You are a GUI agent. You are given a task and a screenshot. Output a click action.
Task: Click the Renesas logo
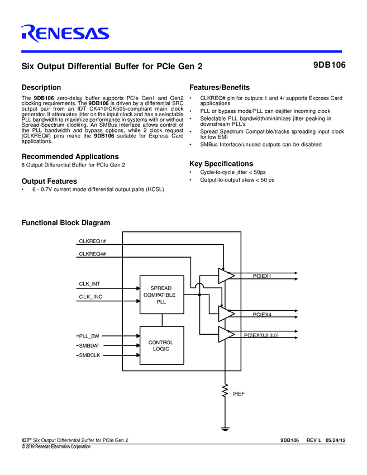(x=65, y=34)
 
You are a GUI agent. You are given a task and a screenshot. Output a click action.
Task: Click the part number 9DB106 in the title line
(x=329, y=65)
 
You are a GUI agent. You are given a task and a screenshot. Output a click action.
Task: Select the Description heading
(x=41, y=88)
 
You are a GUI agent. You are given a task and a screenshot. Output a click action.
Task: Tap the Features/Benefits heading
(x=220, y=88)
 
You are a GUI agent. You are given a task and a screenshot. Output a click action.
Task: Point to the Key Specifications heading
(x=221, y=164)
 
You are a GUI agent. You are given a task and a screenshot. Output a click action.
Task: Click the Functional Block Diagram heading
(x=66, y=223)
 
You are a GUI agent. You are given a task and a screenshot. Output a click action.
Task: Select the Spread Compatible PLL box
(x=161, y=294)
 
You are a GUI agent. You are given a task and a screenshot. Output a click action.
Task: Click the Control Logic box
(x=161, y=345)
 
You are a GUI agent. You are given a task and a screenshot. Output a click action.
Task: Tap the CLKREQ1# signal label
(x=93, y=241)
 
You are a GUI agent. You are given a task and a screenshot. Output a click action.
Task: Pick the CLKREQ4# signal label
(x=93, y=254)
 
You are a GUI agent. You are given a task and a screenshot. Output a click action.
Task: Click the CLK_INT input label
(x=89, y=284)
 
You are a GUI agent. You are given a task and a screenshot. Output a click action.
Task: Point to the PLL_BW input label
(x=89, y=336)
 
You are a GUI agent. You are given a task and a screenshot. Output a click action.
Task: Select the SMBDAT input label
(x=90, y=346)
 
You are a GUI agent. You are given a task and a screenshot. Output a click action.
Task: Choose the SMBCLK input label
(x=90, y=355)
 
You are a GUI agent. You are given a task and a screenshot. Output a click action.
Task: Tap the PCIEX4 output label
(x=262, y=315)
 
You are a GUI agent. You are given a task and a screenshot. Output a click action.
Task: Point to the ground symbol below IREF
(x=226, y=429)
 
